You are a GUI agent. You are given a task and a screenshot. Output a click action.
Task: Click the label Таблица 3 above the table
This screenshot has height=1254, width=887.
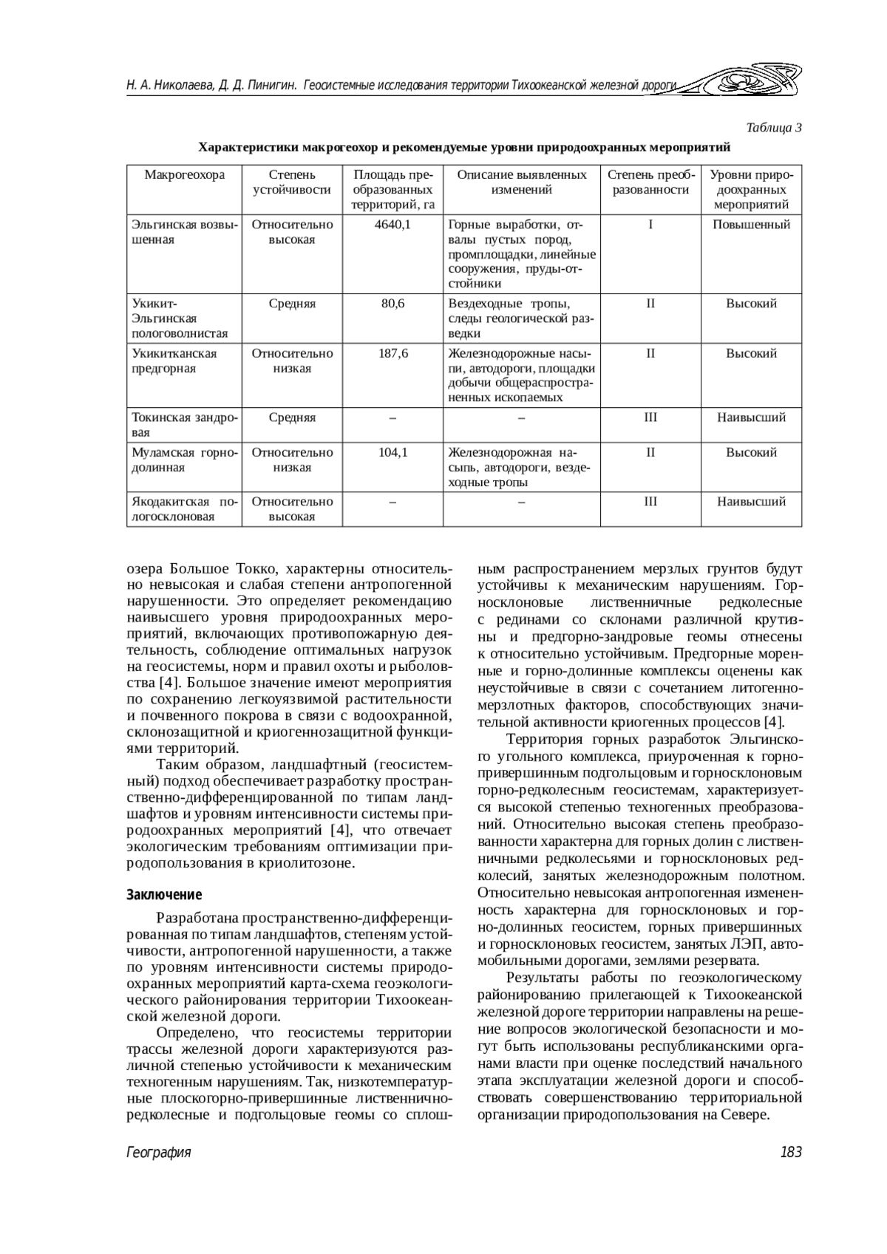click(774, 128)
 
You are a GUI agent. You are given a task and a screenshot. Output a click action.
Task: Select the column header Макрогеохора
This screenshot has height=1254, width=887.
click(184, 175)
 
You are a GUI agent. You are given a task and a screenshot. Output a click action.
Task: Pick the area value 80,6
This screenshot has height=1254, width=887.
click(392, 304)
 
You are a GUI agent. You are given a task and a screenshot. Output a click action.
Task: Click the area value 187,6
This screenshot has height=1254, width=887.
click(392, 353)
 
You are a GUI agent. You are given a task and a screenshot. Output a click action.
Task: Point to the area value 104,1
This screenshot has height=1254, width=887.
click(392, 452)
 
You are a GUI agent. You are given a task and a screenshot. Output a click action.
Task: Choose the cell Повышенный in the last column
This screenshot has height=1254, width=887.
click(751, 225)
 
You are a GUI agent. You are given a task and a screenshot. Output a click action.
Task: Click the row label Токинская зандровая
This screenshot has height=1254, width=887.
click(184, 425)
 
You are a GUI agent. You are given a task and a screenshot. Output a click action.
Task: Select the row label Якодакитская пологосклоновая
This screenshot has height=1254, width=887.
click(184, 508)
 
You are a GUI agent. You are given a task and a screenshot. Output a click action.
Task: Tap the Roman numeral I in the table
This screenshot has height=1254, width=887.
click(650, 225)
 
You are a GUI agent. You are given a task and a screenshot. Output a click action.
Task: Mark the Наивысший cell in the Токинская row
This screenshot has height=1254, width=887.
click(751, 418)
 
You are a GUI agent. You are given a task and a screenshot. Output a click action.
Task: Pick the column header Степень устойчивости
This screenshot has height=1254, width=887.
click(292, 183)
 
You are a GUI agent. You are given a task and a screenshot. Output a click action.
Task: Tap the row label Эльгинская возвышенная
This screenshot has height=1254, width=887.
click(184, 232)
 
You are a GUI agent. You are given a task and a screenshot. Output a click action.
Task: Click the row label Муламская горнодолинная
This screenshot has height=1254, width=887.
click(184, 460)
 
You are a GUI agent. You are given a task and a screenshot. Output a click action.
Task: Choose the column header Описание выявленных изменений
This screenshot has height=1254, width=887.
click(521, 183)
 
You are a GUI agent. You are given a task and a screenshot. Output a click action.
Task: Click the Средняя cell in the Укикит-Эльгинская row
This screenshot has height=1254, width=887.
click(292, 304)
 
